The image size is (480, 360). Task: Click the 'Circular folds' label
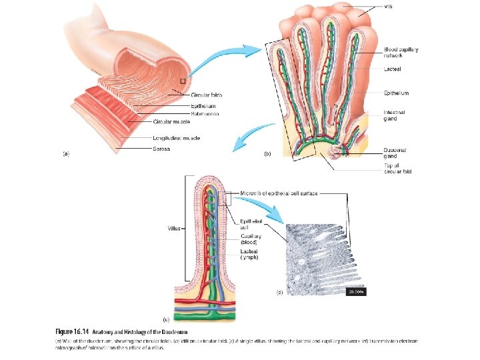[207, 96]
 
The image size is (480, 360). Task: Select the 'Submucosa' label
[205, 113]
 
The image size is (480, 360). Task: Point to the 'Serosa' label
[161, 149]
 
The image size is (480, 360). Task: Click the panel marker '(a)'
[66, 153]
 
